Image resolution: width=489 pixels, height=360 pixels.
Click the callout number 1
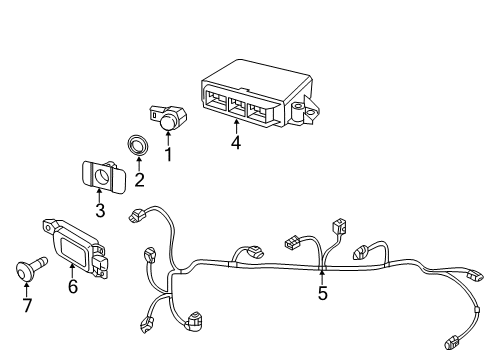168,154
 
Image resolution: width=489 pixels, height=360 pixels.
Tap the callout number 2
139,180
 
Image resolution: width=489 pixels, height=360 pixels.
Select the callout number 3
100,210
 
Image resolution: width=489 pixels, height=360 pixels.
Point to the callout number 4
236,143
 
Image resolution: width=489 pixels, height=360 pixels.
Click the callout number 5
322,293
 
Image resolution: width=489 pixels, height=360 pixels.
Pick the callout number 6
73,286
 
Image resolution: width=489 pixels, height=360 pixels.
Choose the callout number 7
27,305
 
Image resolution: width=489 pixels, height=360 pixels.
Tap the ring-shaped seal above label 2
138,145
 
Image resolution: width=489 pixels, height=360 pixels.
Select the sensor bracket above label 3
104,176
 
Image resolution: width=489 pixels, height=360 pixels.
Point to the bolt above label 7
31,268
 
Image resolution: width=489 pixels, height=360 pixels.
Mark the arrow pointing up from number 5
322,277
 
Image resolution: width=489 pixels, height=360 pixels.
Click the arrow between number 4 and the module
236,127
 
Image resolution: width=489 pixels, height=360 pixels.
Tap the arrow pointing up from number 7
26,289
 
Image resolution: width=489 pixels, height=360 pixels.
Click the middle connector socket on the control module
237,105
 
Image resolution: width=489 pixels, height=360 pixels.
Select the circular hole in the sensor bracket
101,175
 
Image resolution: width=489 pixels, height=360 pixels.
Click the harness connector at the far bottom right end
452,342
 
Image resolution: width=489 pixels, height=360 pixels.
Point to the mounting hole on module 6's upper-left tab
47,228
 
